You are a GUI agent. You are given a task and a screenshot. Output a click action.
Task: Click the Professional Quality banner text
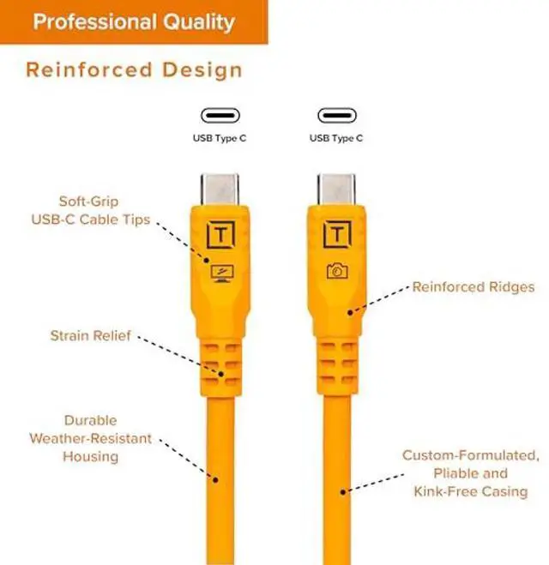coord(133,21)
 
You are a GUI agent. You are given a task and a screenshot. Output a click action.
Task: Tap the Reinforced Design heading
coord(134,69)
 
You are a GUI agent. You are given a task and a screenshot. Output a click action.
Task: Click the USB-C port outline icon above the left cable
coord(220,115)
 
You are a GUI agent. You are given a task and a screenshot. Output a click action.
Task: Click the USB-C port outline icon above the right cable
coord(336,115)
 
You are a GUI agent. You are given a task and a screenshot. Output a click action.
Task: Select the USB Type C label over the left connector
coord(220,137)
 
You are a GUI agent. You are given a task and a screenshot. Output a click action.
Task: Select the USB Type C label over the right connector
coord(336,137)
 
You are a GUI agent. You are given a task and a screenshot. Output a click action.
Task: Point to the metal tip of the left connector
coord(220,188)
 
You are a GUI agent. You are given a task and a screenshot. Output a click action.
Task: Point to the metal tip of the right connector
coord(336,188)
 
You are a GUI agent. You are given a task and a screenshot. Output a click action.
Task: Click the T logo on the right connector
coord(336,234)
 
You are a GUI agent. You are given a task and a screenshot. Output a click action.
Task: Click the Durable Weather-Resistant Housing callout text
coord(90,438)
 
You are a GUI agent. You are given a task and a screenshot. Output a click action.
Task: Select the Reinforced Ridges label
coord(474,286)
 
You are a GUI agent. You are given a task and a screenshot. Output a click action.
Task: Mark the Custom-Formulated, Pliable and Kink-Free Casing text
coord(470,473)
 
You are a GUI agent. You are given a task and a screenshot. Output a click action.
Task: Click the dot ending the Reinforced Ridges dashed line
coord(349,312)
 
